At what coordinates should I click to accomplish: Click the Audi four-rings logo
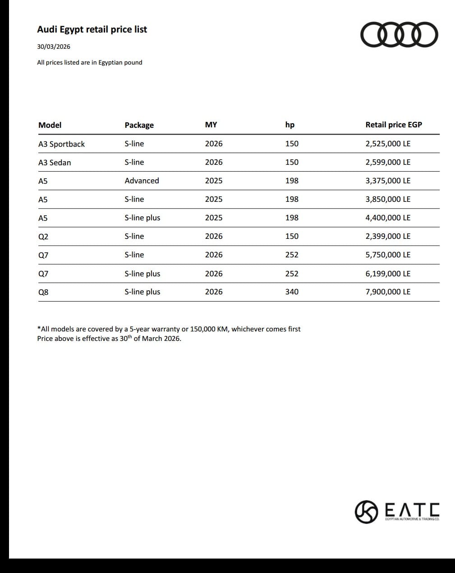point(399,35)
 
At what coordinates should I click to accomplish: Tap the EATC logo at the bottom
point(397,511)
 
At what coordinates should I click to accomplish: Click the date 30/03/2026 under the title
point(54,47)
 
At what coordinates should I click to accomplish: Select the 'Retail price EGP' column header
point(393,125)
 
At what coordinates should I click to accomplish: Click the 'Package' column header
point(139,125)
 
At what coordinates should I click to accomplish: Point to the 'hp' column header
point(290,125)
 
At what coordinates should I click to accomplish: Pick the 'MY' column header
point(211,125)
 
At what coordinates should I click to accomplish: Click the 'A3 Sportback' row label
point(61,144)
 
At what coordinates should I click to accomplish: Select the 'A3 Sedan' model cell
point(55,163)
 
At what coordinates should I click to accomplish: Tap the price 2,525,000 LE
point(388,144)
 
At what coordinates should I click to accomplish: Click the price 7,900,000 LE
point(388,292)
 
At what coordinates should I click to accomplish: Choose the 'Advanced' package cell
point(142,181)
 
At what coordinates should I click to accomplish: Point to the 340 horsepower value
point(292,292)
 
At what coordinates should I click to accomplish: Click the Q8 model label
point(43,292)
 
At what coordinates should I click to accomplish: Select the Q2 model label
point(43,237)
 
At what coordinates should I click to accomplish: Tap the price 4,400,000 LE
point(388,218)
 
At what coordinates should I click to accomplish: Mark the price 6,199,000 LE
point(388,274)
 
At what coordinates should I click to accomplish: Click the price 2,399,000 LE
point(388,236)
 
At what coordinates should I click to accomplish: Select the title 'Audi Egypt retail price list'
point(92,29)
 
